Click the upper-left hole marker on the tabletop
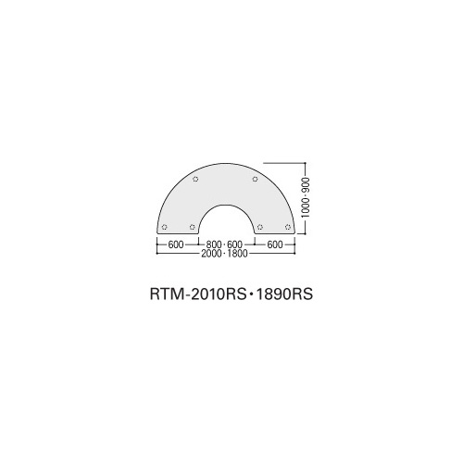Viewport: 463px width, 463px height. click(x=195, y=179)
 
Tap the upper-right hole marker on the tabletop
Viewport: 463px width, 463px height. click(x=255, y=179)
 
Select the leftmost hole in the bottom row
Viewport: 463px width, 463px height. click(x=165, y=227)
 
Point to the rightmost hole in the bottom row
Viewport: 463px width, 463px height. click(x=288, y=227)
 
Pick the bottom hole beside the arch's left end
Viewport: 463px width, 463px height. click(x=193, y=227)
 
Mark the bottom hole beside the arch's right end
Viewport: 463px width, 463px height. click(x=260, y=227)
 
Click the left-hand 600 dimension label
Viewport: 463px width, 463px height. click(x=176, y=244)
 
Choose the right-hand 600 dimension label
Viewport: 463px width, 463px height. click(x=275, y=244)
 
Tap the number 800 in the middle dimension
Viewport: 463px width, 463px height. click(x=214, y=244)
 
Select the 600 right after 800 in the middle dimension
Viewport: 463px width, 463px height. click(x=234, y=244)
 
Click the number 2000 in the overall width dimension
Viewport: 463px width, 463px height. click(x=211, y=254)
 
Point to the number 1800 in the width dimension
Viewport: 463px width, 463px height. click(x=237, y=254)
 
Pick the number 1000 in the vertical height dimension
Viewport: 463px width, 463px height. click(x=306, y=207)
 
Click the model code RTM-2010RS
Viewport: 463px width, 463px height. click(x=197, y=294)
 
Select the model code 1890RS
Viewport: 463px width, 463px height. click(x=284, y=294)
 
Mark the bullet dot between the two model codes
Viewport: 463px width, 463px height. click(x=251, y=294)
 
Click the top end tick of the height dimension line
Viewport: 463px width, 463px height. click(x=306, y=163)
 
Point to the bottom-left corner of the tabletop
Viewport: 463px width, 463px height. click(x=157, y=233)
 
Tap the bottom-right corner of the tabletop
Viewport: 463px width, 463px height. click(x=295, y=233)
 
